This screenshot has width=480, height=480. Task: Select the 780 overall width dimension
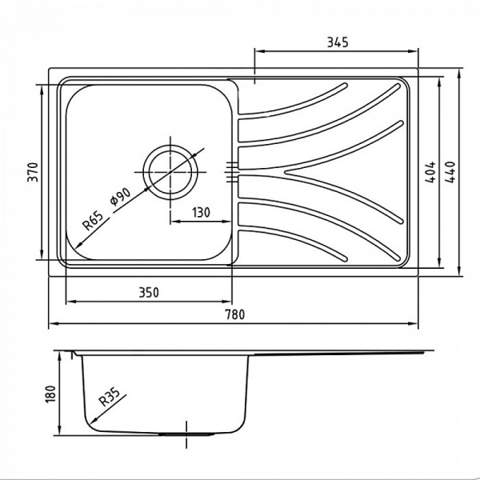pyautogui.click(x=234, y=314)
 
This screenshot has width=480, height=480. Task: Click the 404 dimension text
pyautogui.click(x=430, y=174)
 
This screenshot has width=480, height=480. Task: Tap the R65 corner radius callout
pyautogui.click(x=93, y=219)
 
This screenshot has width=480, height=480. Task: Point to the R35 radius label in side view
pyautogui.click(x=110, y=397)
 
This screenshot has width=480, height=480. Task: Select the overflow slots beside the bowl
pyautogui.click(x=233, y=170)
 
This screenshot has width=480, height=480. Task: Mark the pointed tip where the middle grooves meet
pyautogui.click(x=286, y=171)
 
